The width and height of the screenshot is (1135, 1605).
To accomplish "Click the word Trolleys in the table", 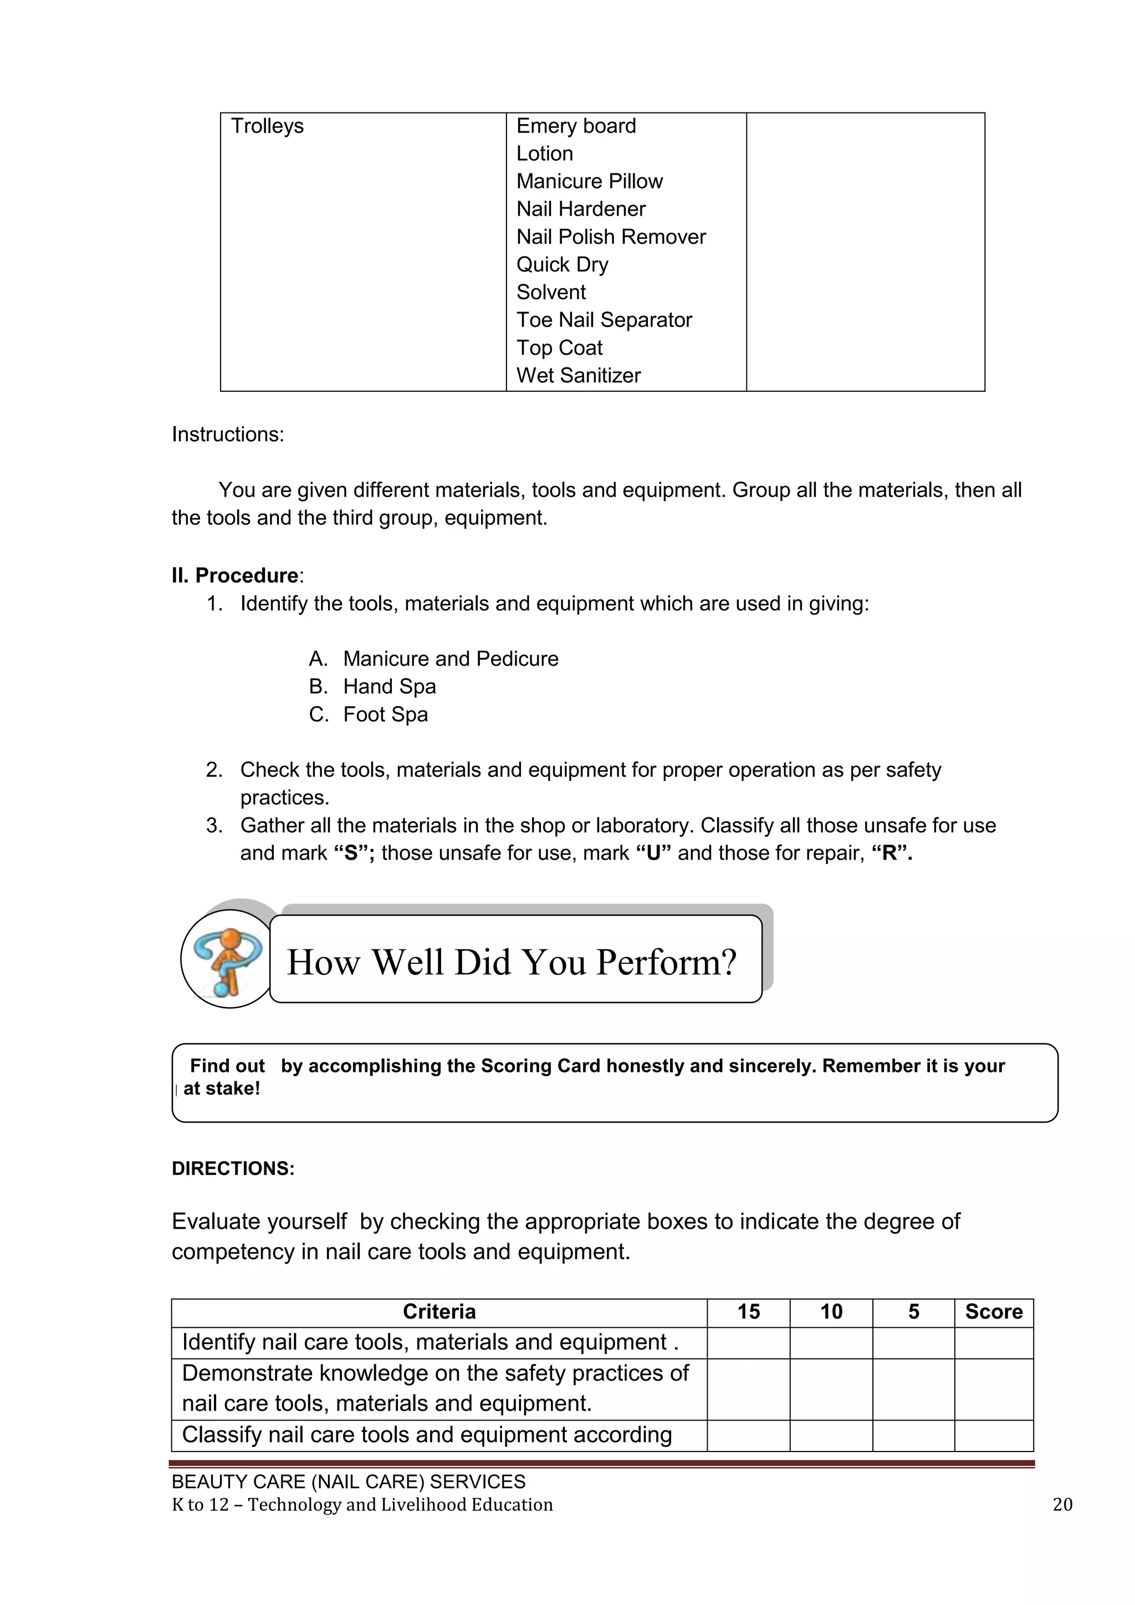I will (267, 126).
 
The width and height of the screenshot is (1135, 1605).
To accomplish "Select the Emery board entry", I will (576, 126).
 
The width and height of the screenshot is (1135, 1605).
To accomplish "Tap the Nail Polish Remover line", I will (611, 237).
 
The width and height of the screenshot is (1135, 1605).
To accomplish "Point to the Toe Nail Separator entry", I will (604, 320).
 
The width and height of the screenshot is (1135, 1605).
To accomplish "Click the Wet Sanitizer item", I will (578, 375).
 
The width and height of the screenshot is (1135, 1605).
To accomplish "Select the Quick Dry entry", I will (562, 265).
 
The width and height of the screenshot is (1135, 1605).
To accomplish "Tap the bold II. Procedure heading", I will (237, 575).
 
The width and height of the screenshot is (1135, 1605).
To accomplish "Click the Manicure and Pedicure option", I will (450, 659).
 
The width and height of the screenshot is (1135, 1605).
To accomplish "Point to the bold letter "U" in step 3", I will (654, 853).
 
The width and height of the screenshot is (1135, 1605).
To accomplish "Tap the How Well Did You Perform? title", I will (512, 962).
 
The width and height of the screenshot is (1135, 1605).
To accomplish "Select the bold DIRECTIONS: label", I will (233, 1169).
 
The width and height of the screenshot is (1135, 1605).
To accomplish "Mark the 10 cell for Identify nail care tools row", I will (830, 1343).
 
